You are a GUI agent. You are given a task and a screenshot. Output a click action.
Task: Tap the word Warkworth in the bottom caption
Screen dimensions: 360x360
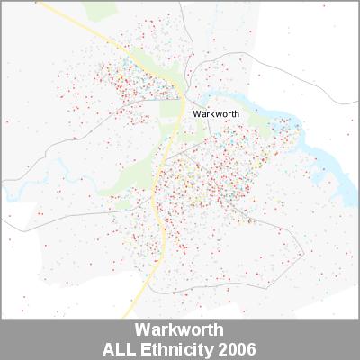point(179,329)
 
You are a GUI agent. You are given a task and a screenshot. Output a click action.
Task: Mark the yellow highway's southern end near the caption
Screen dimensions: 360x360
point(135,315)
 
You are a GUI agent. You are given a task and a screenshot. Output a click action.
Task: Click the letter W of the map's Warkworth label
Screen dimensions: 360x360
point(197,114)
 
